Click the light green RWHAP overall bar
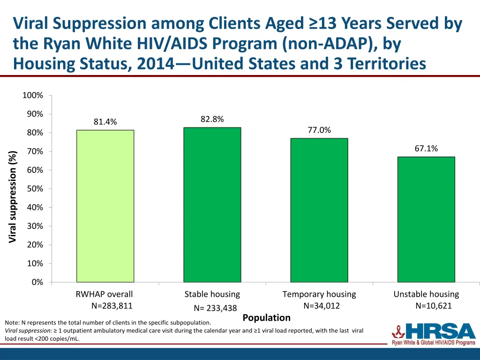pyautogui.click(x=105, y=206)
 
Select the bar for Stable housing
pyautogui.click(x=212, y=204)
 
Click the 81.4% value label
pyautogui.click(x=105, y=122)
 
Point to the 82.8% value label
pyautogui.click(x=212, y=119)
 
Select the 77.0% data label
pyautogui.click(x=319, y=130)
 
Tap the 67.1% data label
pyautogui.click(x=426, y=149)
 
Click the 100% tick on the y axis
pyautogui.click(x=33, y=96)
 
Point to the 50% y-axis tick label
pyautogui.click(x=35, y=189)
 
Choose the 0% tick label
pyautogui.click(x=37, y=282)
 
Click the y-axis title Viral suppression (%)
pyautogui.click(x=13, y=197)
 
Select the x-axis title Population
pyautogui.click(x=266, y=318)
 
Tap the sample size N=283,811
pyautogui.click(x=112, y=306)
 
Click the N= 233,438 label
pyautogui.click(x=215, y=308)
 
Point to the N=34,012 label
pyautogui.click(x=322, y=306)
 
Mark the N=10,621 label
pyautogui.click(x=434, y=306)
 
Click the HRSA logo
pyautogui.click(x=434, y=333)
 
